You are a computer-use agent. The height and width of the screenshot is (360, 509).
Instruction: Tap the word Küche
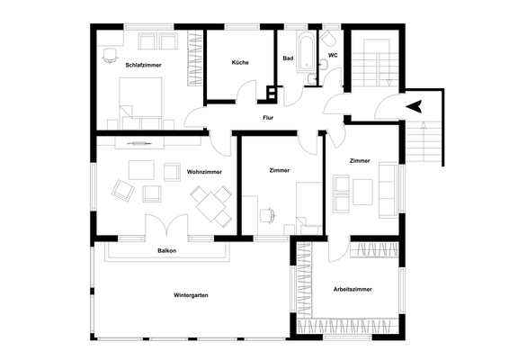pos(240,62)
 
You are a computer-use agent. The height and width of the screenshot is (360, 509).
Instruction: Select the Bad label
pos(288,58)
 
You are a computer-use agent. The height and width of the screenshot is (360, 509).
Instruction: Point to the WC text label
pos(333,55)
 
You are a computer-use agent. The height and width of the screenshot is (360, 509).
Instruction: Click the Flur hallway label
pos(268,118)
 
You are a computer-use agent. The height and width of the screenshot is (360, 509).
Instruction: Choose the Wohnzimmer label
pos(205,171)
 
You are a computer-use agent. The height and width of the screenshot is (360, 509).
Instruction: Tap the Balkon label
pos(166,250)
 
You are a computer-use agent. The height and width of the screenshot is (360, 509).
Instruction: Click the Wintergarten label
pos(192,294)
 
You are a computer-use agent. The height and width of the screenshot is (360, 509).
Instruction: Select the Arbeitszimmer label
pos(352,289)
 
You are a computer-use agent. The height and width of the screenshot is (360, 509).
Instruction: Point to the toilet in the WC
pos(328,39)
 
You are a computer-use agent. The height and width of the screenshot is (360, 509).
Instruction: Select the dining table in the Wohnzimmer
pos(215,202)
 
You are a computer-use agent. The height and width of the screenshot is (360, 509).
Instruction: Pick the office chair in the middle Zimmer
pos(266,215)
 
